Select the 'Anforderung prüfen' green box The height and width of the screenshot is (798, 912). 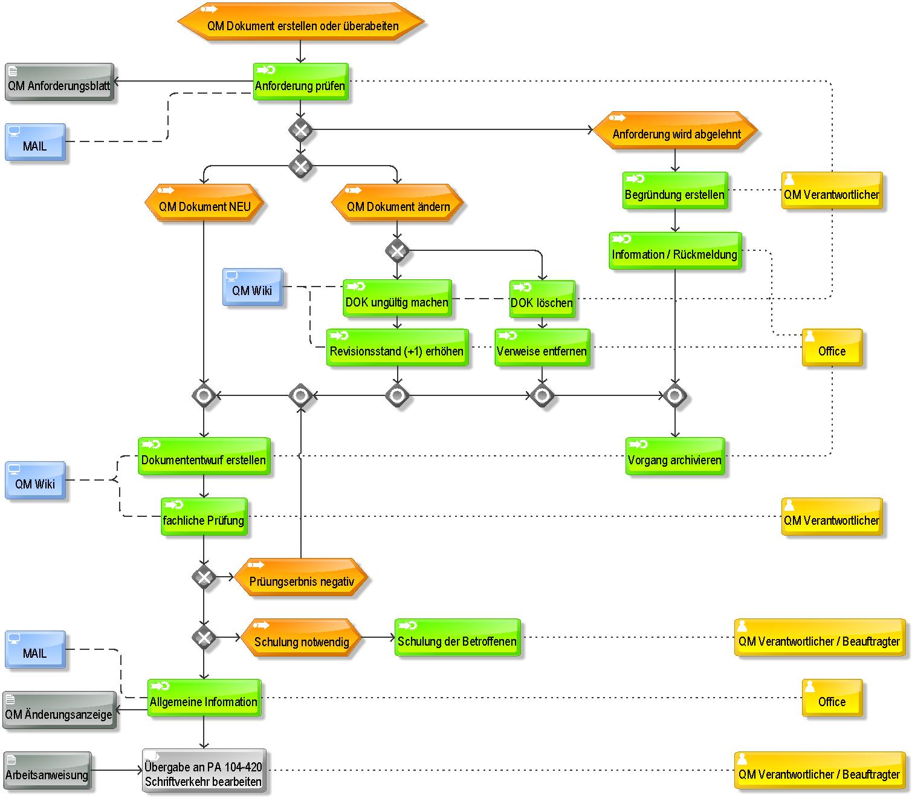[x=300, y=82]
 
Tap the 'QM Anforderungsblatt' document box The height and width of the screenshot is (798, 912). [x=59, y=82]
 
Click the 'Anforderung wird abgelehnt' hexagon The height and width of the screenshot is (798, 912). [x=675, y=130]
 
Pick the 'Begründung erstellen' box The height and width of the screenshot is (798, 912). [x=675, y=190]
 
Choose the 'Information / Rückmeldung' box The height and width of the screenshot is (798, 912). [x=675, y=250]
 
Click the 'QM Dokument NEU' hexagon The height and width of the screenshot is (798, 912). [x=204, y=203]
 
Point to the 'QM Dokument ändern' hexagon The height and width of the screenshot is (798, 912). [x=397, y=203]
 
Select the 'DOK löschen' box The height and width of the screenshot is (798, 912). [x=542, y=299]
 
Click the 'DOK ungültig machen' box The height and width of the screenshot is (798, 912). [x=397, y=298]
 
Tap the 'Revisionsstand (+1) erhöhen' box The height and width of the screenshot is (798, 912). [x=397, y=347]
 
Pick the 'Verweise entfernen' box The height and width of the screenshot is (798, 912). [x=542, y=347]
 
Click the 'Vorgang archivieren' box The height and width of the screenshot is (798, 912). [x=675, y=456]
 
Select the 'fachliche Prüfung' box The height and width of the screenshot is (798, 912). [x=204, y=516]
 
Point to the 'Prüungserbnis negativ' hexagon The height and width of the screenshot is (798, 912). [x=301, y=577]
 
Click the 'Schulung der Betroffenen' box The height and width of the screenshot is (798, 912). [x=458, y=637]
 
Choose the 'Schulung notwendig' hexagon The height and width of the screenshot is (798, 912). [x=301, y=638]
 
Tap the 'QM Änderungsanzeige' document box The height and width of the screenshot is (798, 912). [x=59, y=710]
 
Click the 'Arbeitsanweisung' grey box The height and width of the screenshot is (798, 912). [x=47, y=770]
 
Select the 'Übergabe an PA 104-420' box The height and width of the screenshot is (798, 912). [x=204, y=771]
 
